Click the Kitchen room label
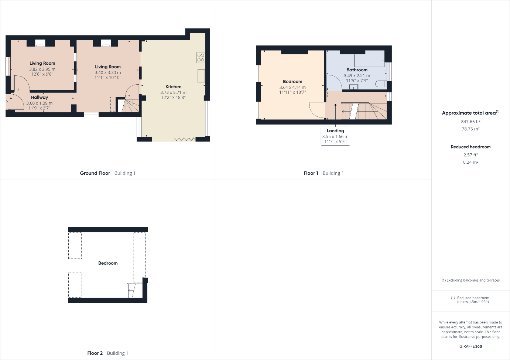click(173, 86)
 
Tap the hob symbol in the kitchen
click(201, 57)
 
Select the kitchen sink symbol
click(201, 76)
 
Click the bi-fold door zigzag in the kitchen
click(184, 139)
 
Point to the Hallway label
click(40, 97)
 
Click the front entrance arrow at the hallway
click(6, 102)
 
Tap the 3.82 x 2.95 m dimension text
click(42, 69)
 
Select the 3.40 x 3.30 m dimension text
click(108, 72)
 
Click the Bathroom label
click(357, 70)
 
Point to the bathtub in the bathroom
click(369, 61)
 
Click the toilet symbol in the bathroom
click(381, 84)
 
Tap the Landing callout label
click(335, 131)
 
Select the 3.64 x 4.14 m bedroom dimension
click(292, 87)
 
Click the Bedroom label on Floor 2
click(108, 263)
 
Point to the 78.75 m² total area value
click(470, 129)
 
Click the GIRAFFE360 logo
click(470, 346)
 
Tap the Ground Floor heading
click(95, 173)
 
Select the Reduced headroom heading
click(470, 147)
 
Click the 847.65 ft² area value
click(470, 122)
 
